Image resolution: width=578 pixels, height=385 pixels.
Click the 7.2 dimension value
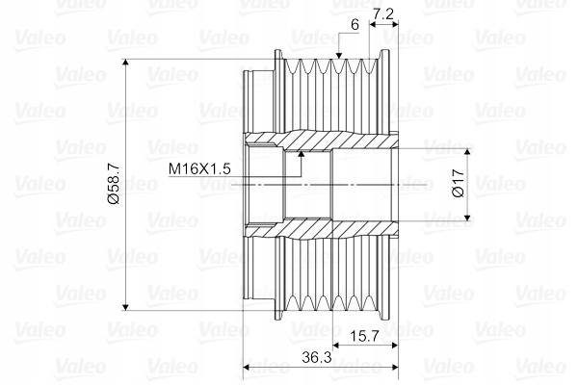(383, 13)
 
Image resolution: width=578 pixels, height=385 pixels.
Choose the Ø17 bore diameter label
(459, 186)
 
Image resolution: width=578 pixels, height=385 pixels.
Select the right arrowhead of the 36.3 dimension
(390, 367)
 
